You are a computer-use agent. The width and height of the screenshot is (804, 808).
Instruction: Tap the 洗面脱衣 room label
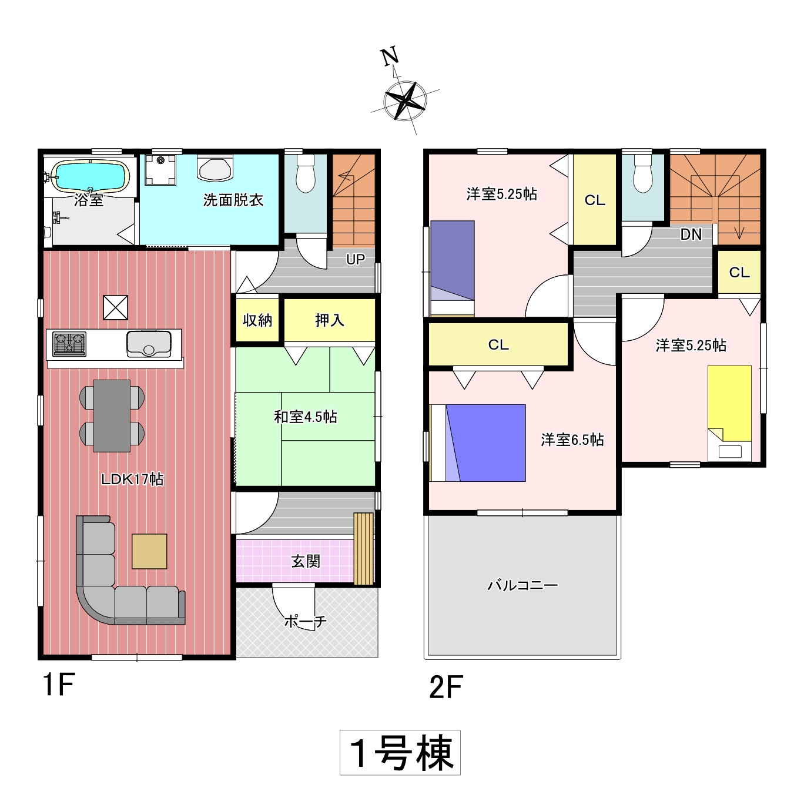coord(233,200)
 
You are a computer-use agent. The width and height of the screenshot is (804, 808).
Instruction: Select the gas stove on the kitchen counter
coord(69,344)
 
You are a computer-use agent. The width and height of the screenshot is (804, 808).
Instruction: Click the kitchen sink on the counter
coord(149,344)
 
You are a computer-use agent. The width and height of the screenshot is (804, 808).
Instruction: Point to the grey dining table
coord(112,415)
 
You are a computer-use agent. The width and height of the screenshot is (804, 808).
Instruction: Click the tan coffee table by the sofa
coord(149,551)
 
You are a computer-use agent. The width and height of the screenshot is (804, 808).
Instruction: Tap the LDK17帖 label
coord(132,479)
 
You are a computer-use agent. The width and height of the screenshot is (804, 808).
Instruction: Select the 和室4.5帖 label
coord(306,417)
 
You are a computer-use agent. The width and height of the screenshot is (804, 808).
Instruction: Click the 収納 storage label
coord(257,320)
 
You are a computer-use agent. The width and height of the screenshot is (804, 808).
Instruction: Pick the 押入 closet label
coord(330,320)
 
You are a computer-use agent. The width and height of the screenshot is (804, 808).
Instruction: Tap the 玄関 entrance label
coord(306,561)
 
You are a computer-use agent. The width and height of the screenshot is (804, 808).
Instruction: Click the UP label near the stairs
coord(355,260)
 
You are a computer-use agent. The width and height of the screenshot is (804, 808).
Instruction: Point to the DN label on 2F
coord(691,234)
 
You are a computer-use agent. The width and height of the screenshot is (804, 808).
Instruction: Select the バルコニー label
coord(522,585)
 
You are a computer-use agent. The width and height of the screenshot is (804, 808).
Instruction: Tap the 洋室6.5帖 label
coord(572,440)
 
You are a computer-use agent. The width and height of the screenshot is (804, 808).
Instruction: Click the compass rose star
coord(405,100)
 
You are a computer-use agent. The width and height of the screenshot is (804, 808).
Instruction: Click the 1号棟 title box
coord(400,752)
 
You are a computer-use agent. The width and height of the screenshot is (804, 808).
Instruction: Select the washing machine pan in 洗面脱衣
coord(160,169)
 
